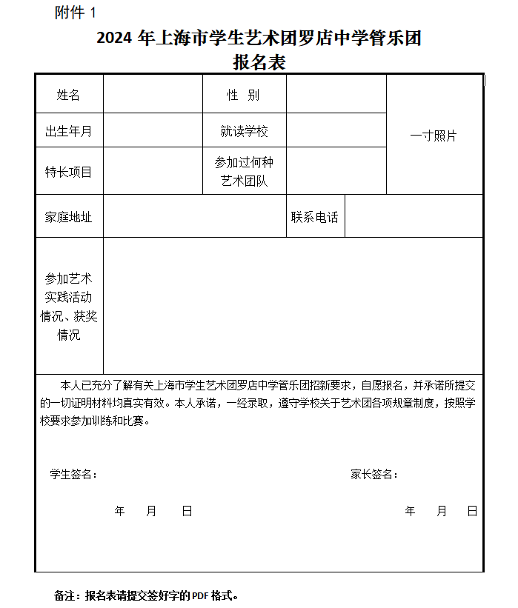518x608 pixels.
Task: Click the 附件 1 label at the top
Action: [76, 13]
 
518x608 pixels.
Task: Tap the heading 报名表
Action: [259, 63]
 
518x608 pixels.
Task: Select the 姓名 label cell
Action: [69, 95]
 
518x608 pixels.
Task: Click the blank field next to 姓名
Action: [153, 95]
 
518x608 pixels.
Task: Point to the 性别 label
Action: [244, 95]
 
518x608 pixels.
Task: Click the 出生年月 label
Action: [69, 132]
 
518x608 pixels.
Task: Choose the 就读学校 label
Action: [244, 132]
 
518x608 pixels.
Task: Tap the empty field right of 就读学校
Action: [336, 132]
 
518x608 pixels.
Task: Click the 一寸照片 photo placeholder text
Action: [434, 136]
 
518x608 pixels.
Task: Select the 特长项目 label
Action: [69, 172]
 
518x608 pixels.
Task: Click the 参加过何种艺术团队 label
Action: [244, 172]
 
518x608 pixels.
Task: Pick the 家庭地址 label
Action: [69, 217]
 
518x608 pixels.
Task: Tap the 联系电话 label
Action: [315, 217]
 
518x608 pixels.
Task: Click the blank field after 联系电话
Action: [414, 217]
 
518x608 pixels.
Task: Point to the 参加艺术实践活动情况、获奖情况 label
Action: [69, 307]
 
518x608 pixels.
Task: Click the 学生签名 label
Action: [73, 475]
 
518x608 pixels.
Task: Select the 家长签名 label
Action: [374, 475]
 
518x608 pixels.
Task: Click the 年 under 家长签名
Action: [411, 512]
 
